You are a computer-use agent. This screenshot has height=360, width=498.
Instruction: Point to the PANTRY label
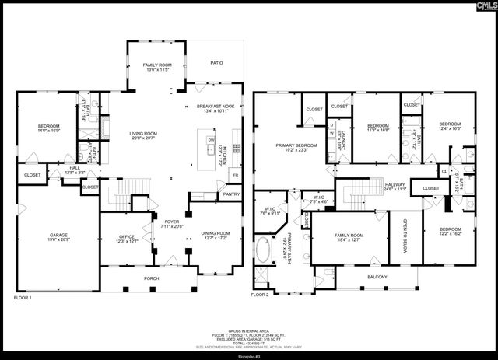tap(232, 194)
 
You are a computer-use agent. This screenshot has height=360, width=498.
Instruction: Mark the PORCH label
tap(152, 278)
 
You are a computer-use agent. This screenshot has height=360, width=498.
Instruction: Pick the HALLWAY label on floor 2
tap(395, 186)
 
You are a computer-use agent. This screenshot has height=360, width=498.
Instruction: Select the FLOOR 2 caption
tap(260, 295)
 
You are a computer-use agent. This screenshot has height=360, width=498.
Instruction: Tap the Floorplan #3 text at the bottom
tap(249, 355)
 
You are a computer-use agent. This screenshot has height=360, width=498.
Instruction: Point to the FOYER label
tap(171, 224)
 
